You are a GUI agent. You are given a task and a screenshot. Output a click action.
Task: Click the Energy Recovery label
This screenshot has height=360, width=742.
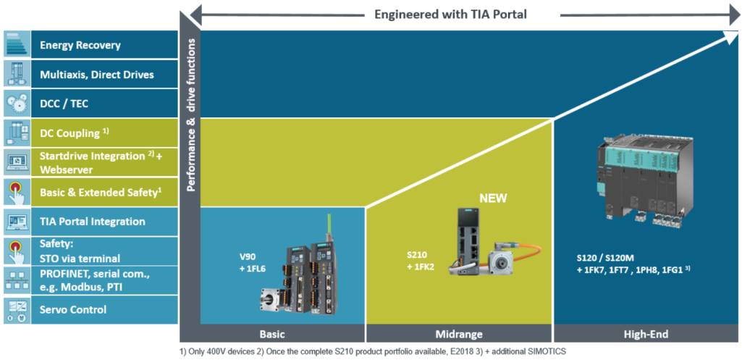91,45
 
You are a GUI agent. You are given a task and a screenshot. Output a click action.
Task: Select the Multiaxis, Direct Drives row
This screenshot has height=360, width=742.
107,75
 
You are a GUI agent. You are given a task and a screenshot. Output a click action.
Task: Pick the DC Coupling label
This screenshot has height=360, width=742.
80,133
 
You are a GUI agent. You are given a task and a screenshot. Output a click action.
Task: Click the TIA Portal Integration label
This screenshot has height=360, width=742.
93,221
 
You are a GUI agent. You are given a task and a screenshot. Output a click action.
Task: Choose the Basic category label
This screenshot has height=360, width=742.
282,334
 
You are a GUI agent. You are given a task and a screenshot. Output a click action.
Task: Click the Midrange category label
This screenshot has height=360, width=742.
459,334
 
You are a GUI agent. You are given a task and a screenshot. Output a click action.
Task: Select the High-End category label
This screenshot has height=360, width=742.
645,334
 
